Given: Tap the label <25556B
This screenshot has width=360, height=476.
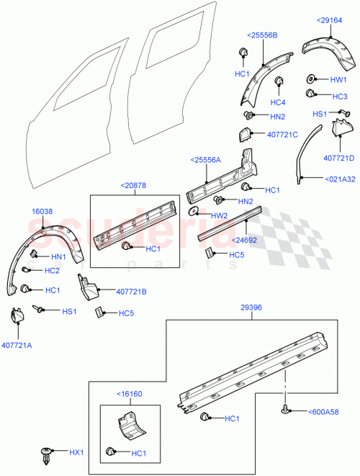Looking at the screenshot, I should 263,35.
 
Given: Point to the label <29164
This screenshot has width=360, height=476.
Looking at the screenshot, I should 330,21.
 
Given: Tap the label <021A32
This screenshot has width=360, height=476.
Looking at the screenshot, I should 338,179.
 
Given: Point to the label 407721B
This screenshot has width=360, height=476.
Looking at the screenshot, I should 131,292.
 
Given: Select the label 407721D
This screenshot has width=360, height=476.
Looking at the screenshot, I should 338,158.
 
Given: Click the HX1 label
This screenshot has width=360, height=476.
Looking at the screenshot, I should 76,453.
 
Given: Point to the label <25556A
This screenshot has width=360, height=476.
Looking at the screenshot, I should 207,161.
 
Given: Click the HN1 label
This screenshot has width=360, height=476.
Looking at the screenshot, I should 58,256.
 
